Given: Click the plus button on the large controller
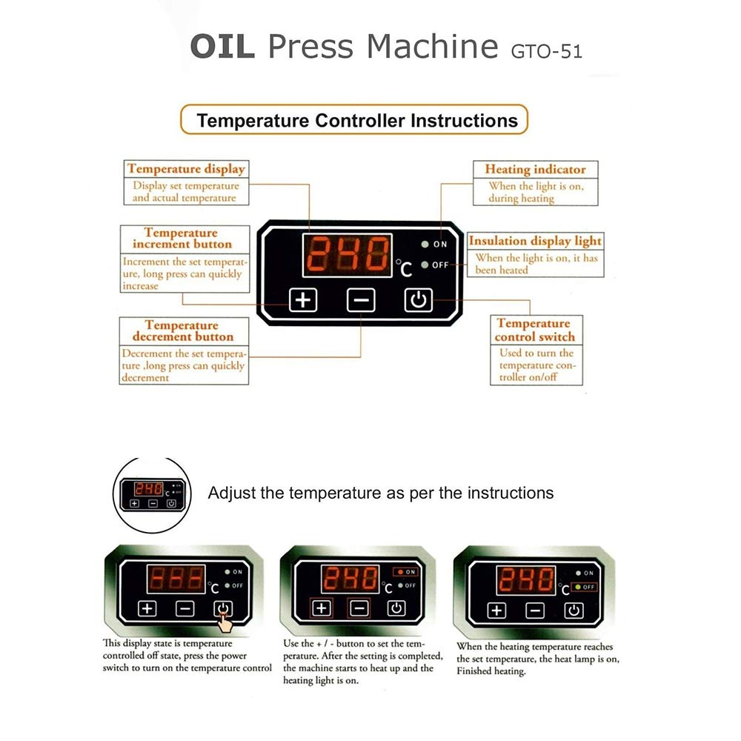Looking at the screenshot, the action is point(303,299).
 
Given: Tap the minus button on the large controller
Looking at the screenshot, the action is point(361,300).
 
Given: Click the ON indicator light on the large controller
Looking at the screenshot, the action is point(425,244).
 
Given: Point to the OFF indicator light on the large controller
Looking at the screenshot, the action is point(425,265).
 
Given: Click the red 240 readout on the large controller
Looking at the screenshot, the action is point(348,255).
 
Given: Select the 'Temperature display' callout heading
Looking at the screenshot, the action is point(186,169).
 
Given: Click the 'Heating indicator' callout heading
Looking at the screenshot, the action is point(535,169).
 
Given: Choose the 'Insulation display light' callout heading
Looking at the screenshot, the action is point(535,241).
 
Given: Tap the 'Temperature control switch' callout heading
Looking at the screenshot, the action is point(535,330).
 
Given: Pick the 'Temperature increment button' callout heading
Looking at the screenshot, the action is point(182,238).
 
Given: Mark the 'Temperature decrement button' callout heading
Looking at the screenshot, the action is point(182,330).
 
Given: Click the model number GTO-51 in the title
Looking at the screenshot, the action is point(546,51).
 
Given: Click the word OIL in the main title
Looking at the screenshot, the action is point(222,46).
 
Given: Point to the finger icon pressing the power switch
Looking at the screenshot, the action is point(225,623).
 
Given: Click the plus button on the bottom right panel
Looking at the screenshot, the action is point(496,611).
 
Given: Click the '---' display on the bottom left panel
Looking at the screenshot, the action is point(176,579).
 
